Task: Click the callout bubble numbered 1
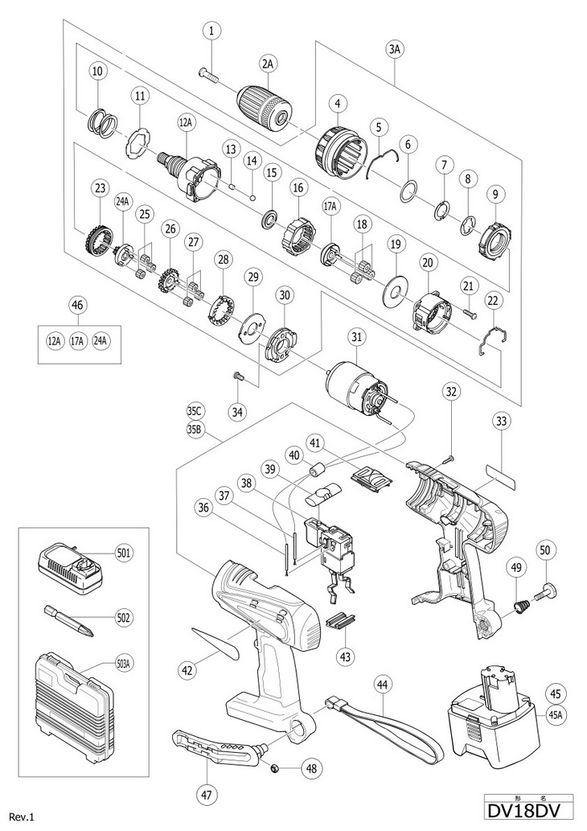(211, 31)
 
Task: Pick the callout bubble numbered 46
(77, 305)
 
